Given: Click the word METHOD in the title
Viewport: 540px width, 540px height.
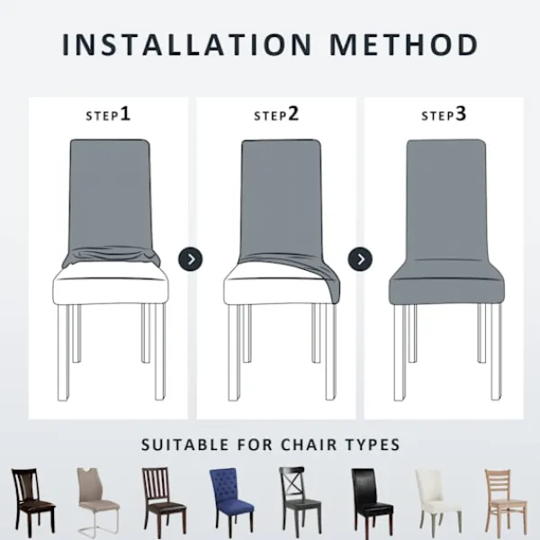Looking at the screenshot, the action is [x=404, y=45].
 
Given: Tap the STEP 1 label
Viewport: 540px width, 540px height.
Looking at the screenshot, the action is [x=108, y=114].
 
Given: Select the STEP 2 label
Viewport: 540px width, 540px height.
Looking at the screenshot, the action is [x=276, y=114].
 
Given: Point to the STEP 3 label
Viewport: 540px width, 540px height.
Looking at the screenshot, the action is [x=444, y=114].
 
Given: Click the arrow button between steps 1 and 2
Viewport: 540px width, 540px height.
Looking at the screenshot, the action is [x=191, y=259].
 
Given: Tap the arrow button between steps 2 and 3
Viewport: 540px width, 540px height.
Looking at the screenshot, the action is [x=360, y=259].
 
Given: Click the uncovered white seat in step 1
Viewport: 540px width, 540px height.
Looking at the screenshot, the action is [x=111, y=284].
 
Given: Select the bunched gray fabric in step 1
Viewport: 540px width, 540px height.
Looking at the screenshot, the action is [x=111, y=256].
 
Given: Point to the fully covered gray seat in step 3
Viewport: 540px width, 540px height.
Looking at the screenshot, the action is [x=446, y=283].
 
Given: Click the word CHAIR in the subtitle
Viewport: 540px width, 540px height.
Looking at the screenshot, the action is [x=309, y=445].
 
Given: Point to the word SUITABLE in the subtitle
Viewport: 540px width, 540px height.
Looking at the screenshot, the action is [x=184, y=445].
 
